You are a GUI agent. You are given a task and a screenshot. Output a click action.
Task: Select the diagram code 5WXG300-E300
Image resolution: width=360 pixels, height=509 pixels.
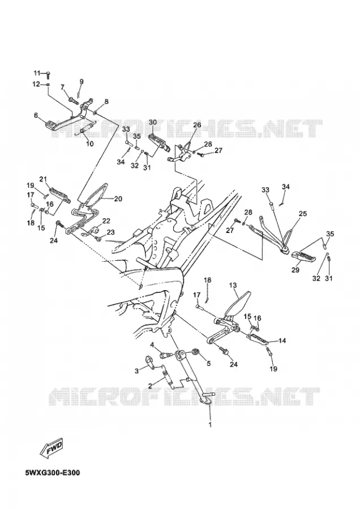point(52,472)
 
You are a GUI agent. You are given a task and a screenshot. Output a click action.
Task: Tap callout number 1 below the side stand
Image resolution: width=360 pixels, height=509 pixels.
point(210,424)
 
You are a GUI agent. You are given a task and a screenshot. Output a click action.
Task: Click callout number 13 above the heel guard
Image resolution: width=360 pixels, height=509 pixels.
point(233,285)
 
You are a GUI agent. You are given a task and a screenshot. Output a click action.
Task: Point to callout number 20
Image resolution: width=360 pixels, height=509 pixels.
point(118,199)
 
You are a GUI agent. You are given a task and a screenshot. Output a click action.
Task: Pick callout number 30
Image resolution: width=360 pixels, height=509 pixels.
point(153,122)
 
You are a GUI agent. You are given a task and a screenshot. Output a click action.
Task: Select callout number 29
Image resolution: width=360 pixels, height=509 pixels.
point(295,269)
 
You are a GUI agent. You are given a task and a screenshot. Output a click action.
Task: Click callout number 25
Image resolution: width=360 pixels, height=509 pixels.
point(303,214)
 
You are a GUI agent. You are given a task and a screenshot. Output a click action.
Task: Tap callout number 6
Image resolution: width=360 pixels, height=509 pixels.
point(36,115)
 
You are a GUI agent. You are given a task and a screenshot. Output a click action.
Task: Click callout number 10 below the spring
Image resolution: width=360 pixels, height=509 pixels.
point(89,144)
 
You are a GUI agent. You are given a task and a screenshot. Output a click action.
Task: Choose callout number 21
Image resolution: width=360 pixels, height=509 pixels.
point(43,179)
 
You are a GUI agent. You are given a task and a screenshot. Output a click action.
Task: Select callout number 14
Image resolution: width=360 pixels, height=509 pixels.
point(282,340)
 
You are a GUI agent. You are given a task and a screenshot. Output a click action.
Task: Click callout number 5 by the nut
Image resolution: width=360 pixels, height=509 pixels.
point(208,363)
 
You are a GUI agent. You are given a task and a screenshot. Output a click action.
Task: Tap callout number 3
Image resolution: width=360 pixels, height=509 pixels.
point(137,370)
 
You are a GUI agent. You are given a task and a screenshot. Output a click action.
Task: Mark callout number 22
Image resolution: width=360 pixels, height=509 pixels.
point(106,221)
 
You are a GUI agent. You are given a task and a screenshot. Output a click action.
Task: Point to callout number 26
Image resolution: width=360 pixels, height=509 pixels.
point(197,124)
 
